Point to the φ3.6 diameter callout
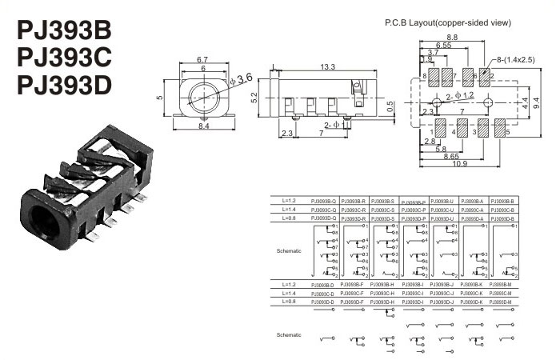click(241, 78)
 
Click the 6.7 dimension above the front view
click(202, 59)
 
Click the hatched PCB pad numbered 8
click(436, 78)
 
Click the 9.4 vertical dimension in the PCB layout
click(535, 102)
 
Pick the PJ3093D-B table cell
click(502, 218)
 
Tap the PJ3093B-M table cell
click(502, 284)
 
